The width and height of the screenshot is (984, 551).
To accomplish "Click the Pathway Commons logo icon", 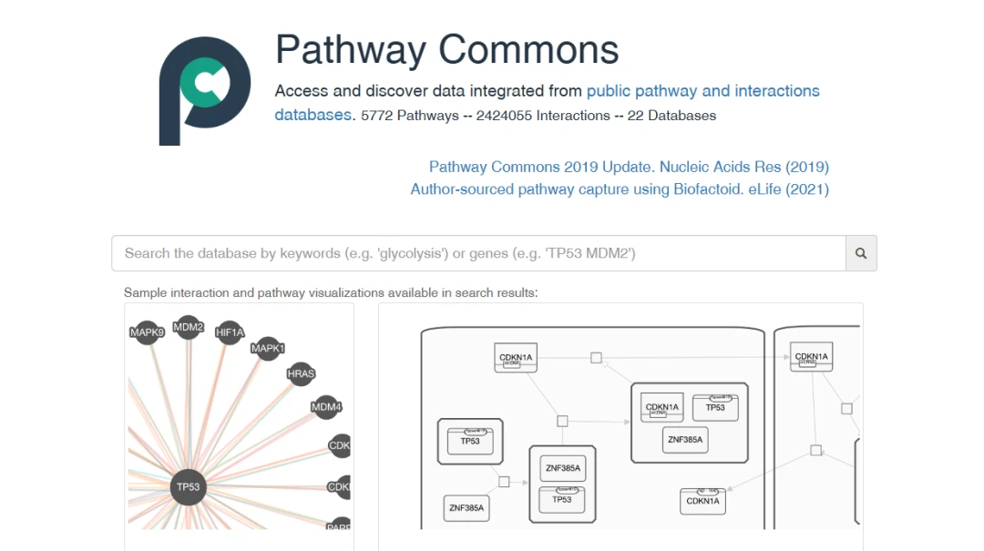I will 204,90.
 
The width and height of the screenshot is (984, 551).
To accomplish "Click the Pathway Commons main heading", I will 446,49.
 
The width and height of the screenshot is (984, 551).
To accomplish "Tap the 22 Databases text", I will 671,116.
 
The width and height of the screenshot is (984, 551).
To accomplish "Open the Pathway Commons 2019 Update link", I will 629,167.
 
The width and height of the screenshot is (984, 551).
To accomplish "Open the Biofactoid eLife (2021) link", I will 620,189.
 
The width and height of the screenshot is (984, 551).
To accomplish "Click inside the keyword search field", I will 478,253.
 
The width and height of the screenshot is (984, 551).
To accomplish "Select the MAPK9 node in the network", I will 147,332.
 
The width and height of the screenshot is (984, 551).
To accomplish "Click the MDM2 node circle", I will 188,327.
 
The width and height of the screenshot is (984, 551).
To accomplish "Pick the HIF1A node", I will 230,332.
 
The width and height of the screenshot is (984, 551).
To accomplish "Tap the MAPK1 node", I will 268,348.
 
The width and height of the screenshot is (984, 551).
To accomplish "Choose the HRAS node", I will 301,373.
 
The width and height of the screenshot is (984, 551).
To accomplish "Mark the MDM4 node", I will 325,407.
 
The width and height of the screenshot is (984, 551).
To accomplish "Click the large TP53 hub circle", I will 188,486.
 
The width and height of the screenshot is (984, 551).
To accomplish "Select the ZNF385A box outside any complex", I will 466,506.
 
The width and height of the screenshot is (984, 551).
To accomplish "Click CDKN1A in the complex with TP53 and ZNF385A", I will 661,408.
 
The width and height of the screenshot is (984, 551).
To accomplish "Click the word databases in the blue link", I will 313,116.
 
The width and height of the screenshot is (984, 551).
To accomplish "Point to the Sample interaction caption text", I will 331,292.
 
